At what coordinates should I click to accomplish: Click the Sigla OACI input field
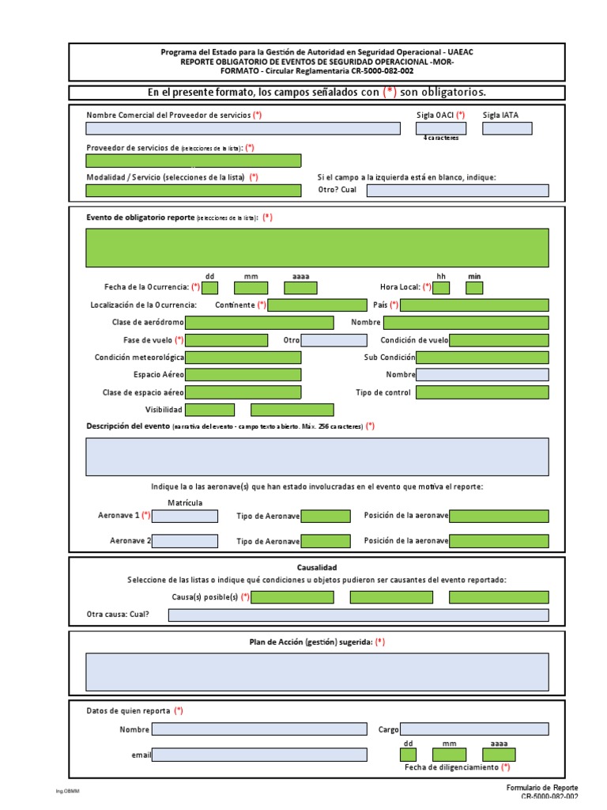tap(441, 128)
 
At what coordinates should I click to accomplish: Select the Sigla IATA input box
tap(507, 128)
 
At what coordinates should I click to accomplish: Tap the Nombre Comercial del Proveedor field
tap(243, 128)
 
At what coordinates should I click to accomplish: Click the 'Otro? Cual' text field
tap(457, 191)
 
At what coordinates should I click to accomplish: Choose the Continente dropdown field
tap(317, 305)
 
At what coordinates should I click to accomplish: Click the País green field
tap(474, 305)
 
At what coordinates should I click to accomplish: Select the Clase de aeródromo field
tap(259, 323)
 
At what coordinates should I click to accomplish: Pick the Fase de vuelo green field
tap(226, 340)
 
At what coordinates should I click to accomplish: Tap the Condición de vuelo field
tap(499, 340)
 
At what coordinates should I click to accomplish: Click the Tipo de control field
tap(482, 392)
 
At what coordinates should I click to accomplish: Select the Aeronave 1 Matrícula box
tap(185, 517)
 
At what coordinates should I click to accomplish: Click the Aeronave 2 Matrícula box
tap(185, 541)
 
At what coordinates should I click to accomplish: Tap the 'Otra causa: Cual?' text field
tap(358, 615)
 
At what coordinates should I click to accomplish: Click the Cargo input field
tap(474, 729)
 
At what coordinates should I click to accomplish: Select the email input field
tap(259, 755)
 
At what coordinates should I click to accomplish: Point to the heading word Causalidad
tap(317, 568)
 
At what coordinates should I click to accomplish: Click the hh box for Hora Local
tap(441, 288)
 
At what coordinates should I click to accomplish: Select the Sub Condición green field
tap(482, 358)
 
